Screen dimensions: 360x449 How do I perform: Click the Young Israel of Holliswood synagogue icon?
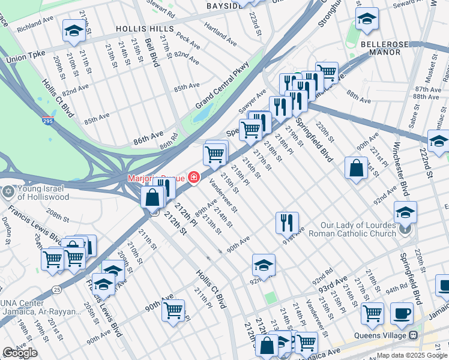pos(7,192)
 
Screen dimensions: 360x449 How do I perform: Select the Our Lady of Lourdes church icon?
pos(405,229)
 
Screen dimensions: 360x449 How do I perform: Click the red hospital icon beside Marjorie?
pos(193,177)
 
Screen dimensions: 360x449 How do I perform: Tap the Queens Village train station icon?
pos(414,335)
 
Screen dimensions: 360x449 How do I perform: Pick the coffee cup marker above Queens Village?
pos(402,313)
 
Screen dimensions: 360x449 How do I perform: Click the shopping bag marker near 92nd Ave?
pos(356,168)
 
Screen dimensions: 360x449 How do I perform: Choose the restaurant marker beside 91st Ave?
pos(287,221)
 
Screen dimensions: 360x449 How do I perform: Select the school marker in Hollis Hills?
pos(74,29)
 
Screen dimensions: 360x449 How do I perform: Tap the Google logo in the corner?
pos(20,353)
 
